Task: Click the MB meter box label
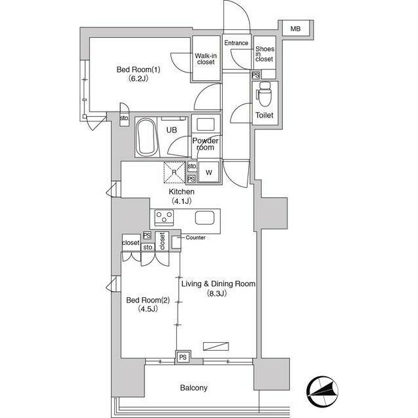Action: (295, 29)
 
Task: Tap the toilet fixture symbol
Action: (264, 94)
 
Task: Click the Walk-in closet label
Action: (206, 59)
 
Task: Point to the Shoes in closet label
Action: (265, 54)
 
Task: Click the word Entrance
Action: (236, 43)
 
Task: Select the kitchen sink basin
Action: (204, 217)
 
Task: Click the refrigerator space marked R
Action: (174, 172)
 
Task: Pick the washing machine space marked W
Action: (209, 172)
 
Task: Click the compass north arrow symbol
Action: (322, 391)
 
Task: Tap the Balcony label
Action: (193, 388)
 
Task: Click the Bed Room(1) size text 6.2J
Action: (138, 78)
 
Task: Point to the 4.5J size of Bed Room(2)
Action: (148, 309)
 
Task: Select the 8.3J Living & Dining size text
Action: (217, 293)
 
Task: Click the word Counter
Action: (195, 238)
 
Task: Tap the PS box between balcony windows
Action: (183, 357)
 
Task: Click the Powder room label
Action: (205, 144)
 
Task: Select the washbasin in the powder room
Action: (205, 125)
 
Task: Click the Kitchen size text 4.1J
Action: (182, 201)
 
